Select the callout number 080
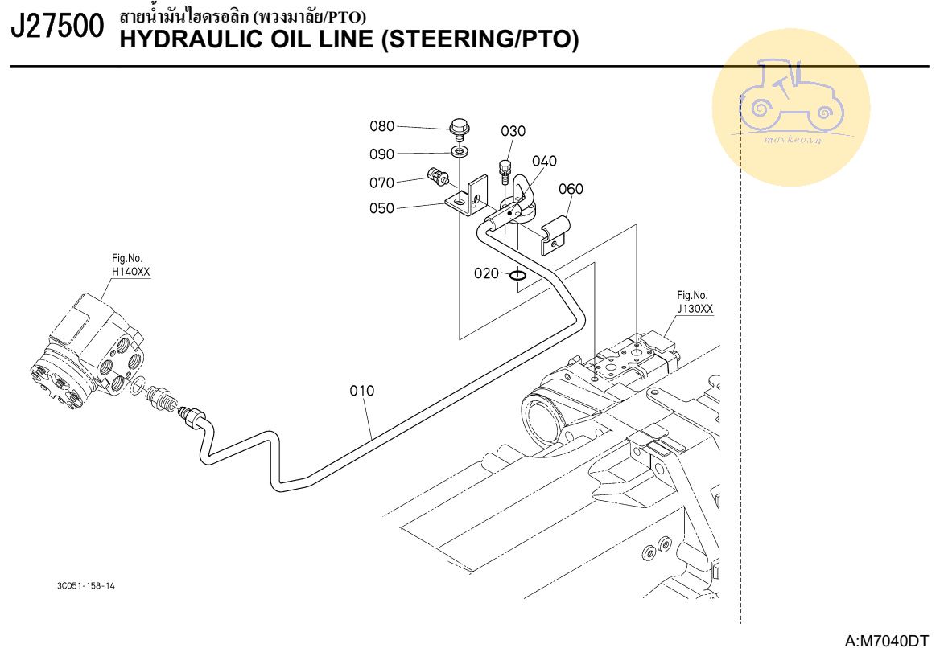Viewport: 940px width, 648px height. (382, 126)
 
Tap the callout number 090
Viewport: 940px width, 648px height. (382, 154)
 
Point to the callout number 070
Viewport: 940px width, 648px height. (382, 183)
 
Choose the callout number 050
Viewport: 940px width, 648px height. (382, 208)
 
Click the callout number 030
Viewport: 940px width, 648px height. (513, 132)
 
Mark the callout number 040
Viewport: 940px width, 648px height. (544, 161)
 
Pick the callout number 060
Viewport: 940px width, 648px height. (571, 189)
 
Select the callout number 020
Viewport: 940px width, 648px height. (486, 273)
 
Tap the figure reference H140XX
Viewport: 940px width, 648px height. (130, 272)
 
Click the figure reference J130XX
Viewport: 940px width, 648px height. (695, 308)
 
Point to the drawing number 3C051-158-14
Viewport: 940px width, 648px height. (86, 586)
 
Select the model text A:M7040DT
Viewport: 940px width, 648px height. (887, 640)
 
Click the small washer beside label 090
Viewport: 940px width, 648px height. (460, 151)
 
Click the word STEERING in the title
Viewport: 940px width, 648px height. (446, 39)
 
